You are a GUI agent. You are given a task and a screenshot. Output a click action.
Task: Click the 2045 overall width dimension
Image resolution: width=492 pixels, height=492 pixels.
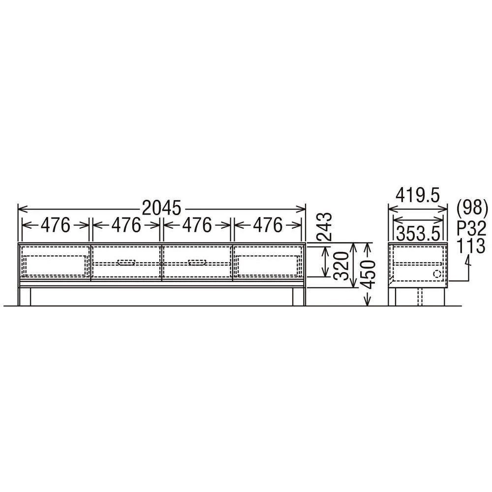(161, 208)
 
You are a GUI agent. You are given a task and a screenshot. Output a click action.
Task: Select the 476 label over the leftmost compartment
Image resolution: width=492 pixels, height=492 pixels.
(56, 225)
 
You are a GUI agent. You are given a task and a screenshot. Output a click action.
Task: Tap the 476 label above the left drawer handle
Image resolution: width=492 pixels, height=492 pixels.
(126, 225)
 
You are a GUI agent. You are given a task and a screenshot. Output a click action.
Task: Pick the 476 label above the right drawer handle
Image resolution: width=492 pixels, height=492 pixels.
(197, 225)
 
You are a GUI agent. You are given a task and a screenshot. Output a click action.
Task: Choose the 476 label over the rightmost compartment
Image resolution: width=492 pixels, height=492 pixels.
(268, 225)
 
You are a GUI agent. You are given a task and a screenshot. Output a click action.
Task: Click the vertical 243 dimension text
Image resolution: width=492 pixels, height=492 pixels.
(324, 226)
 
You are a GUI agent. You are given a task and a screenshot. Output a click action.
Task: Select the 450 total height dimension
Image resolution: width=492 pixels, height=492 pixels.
(368, 274)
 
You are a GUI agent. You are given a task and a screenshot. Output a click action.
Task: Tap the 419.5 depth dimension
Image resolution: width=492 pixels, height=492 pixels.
(417, 196)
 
